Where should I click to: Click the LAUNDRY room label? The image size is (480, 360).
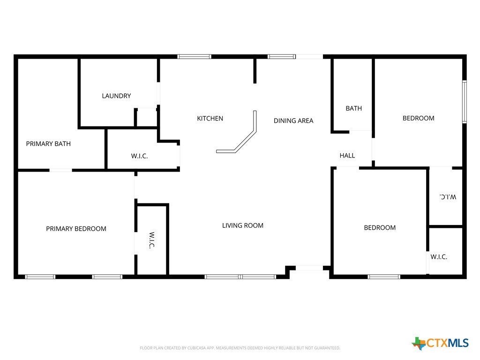click(116, 96)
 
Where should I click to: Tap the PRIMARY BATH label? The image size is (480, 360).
click(48, 143)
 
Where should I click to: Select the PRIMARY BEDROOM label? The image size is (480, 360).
click(76, 229)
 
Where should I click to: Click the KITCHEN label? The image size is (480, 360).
click(210, 119)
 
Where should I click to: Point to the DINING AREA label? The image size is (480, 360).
click(293, 120)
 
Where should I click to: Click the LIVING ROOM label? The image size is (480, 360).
click(243, 225)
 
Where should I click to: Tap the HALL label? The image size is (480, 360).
click(347, 156)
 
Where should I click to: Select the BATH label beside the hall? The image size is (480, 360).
click(353, 108)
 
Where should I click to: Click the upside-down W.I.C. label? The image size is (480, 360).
click(448, 197)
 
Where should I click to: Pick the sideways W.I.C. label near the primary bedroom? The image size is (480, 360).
click(152, 240)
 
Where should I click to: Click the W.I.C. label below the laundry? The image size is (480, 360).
click(139, 156)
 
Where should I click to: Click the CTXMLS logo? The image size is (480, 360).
click(440, 343)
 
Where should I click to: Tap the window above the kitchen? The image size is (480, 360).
click(195, 57)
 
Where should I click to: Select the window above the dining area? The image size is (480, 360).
click(282, 57)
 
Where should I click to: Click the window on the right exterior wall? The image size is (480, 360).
click(465, 102)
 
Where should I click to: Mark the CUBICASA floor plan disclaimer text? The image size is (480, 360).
click(240, 348)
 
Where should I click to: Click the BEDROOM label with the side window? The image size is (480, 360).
click(418, 118)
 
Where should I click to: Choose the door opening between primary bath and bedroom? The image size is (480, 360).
click(60, 170)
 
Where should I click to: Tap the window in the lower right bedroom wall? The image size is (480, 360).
click(384, 277)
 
